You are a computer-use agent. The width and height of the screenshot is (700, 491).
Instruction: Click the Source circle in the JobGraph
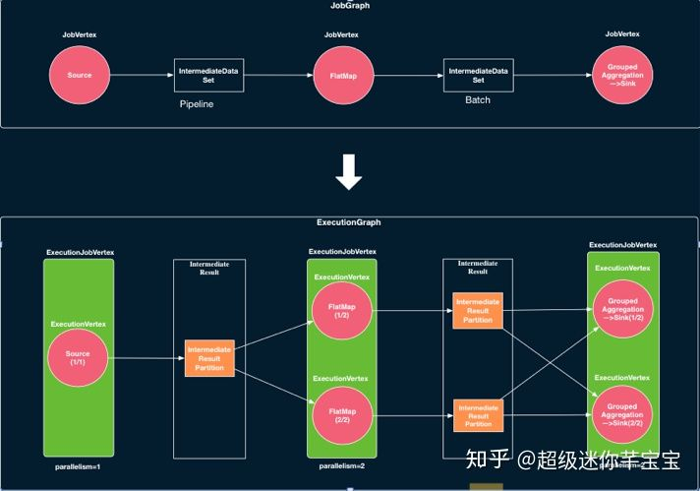tap(79, 75)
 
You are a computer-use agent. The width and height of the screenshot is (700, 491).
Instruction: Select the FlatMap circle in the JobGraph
tap(340, 75)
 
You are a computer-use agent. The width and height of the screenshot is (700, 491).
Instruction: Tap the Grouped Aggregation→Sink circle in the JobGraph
tap(623, 75)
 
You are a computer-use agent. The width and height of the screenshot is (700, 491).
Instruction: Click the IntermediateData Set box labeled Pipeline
tap(209, 75)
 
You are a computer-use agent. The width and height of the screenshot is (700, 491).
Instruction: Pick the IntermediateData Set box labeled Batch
tap(479, 75)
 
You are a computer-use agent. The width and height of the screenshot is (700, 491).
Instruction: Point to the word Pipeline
tap(197, 102)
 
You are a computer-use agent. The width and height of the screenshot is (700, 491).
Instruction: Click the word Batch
tap(478, 100)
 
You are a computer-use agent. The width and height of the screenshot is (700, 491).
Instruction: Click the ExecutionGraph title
tap(349, 222)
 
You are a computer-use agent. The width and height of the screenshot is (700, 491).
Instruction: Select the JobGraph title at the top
tap(349, 6)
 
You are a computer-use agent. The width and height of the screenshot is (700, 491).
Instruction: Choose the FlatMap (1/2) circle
tap(340, 311)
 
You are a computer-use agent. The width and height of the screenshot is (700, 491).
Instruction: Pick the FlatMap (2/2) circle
tap(340, 414)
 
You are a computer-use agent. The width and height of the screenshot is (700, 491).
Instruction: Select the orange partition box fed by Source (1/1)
tap(209, 358)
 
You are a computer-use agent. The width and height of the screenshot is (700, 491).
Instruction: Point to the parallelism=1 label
tap(79, 466)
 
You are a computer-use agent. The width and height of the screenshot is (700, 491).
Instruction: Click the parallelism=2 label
tap(340, 466)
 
